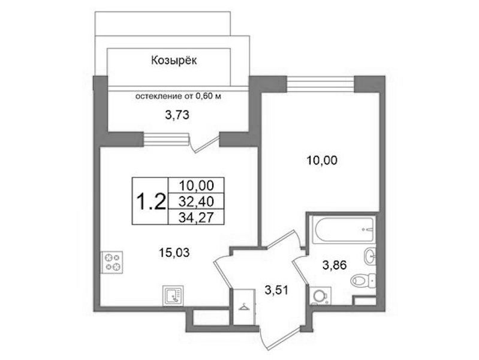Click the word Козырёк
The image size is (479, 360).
pos(174,61)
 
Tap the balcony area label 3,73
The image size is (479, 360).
pos(177,115)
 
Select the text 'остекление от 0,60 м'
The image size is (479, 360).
pos(178,97)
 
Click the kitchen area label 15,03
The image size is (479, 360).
pos(174,253)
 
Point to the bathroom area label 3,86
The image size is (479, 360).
pos(335,265)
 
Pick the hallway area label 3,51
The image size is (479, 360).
pos(276,290)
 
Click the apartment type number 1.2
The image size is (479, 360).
pos(151,202)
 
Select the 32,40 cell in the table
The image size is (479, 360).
pos(196,201)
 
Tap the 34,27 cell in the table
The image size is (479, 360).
pos(196,217)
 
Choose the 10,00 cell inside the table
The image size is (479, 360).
pos(196,185)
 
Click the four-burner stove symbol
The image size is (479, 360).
pos(112,262)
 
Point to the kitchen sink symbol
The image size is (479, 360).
pos(173,295)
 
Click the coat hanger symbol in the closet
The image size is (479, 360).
pos(244,307)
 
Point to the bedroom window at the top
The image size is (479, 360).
pos(320,84)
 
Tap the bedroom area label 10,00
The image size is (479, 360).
pos(322,160)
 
